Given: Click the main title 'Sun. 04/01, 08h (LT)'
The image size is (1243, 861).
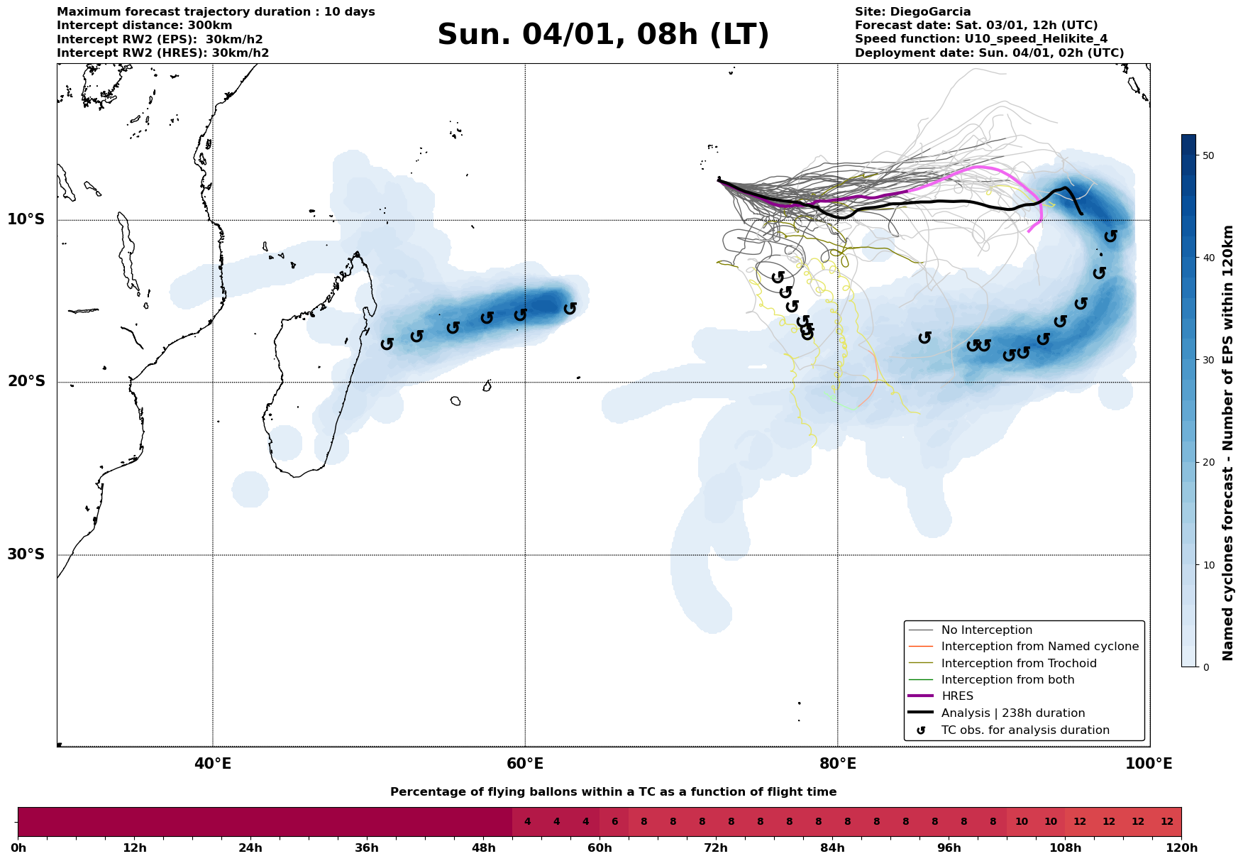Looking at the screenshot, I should (603, 35).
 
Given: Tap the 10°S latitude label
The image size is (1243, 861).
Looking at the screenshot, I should (26, 219).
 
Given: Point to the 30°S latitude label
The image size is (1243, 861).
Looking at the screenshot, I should (26, 554).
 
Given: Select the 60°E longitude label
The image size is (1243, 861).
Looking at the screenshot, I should (525, 764).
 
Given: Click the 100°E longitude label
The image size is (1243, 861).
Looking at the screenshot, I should (1149, 764).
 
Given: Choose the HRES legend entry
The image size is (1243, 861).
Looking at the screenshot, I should (957, 696).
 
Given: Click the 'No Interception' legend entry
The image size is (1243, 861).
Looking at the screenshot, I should (986, 630).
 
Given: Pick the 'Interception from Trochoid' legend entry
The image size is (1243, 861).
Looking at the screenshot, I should (1018, 664).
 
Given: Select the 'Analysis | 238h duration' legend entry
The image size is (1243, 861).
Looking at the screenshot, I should (1012, 713).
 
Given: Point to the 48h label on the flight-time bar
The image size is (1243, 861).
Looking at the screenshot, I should (483, 848).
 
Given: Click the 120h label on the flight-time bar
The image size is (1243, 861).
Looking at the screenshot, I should (1181, 848).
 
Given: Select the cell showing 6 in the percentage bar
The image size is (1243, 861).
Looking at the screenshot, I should (614, 822).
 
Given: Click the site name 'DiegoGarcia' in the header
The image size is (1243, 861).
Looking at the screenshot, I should (941, 12).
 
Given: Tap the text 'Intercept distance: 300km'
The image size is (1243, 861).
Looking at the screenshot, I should (145, 26).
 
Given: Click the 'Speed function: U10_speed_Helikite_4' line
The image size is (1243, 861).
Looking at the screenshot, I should (980, 39).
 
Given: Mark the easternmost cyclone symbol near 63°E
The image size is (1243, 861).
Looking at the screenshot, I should (570, 308).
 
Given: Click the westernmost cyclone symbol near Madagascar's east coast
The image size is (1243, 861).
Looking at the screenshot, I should (387, 344).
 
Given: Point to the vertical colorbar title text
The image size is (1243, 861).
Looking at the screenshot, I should (1229, 443).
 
